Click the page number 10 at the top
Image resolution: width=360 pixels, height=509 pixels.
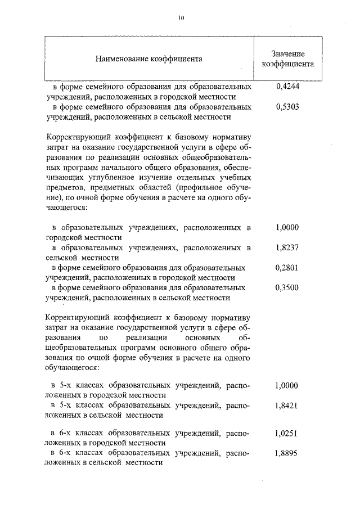tap(181, 17)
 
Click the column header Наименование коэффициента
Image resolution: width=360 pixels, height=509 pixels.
tap(148, 58)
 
